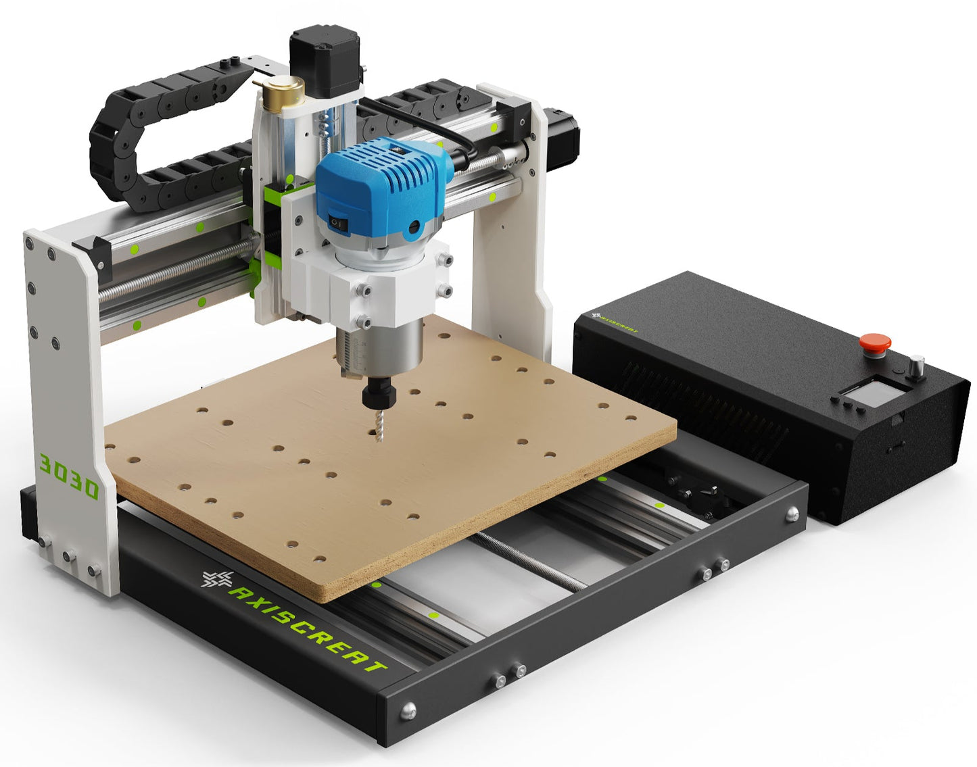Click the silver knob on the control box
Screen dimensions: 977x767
[916, 366]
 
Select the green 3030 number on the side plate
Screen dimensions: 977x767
[69, 476]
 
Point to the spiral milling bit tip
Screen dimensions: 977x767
[380, 440]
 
